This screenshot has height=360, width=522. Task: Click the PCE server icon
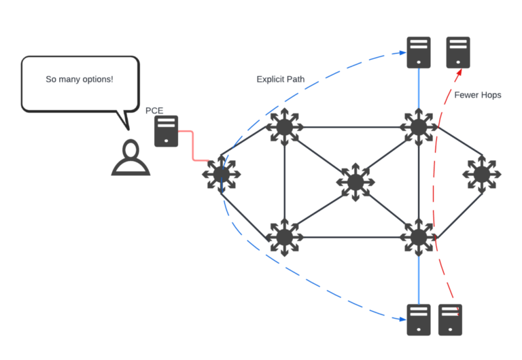coord(167,132)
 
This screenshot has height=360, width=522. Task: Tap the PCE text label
coord(154,111)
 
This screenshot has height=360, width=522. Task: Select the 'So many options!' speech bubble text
coord(80,79)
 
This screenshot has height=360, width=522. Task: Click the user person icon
coord(130,158)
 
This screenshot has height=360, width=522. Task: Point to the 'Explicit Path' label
coord(280,79)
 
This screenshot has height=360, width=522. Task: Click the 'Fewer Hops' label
coord(478,95)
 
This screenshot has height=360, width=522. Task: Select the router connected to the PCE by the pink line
coord(222,175)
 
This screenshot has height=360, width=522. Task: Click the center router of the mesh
coord(354,181)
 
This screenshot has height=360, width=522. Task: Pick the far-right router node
coord(482,175)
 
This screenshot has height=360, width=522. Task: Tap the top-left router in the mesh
coord(284,126)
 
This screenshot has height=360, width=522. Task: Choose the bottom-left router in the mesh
coord(284,237)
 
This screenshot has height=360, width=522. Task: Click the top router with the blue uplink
coord(418,126)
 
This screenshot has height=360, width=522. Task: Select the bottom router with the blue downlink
coord(418,237)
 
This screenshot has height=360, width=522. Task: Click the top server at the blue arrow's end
coord(419,52)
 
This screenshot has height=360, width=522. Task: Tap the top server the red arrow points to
coord(458,52)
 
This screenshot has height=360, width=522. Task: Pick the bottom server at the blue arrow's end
coord(419,319)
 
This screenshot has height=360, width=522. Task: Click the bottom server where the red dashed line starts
coord(451,319)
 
